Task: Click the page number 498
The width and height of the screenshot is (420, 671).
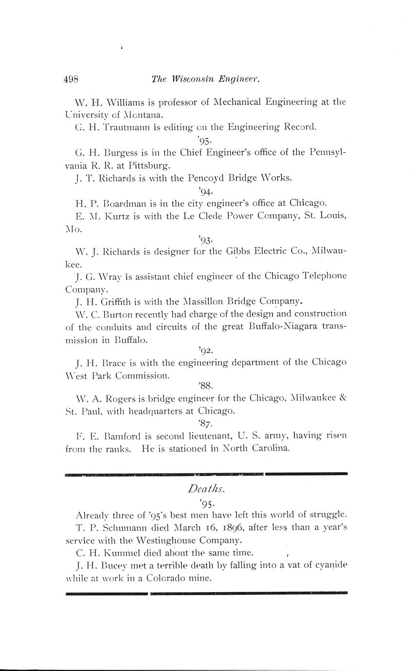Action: pyautogui.click(x=71, y=79)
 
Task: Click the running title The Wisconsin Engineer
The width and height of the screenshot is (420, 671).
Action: pyautogui.click(x=205, y=79)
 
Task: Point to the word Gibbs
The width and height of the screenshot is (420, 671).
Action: pyautogui.click(x=239, y=252)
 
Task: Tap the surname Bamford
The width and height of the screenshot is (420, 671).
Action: pyautogui.click(x=130, y=435)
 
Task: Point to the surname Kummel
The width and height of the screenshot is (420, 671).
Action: pyautogui.click(x=128, y=553)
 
